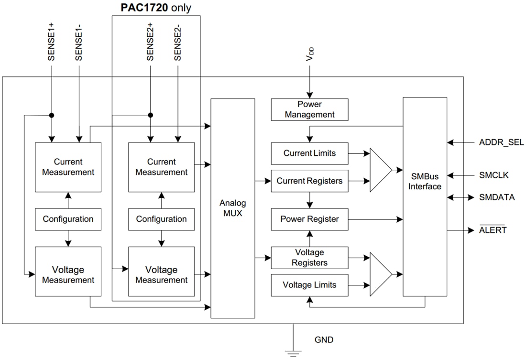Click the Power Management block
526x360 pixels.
click(x=309, y=109)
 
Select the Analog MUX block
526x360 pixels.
click(x=233, y=208)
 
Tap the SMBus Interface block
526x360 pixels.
click(x=425, y=196)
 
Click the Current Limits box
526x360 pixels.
click(x=309, y=153)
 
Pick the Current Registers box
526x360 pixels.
click(x=309, y=181)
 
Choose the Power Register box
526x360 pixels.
click(x=309, y=219)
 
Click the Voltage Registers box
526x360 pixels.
click(x=309, y=258)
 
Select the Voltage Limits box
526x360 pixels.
click(x=309, y=285)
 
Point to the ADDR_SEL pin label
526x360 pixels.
click(x=501, y=142)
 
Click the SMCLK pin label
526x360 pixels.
click(x=493, y=175)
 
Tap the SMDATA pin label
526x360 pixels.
click(x=497, y=197)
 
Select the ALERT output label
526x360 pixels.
click(x=493, y=230)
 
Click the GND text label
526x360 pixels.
click(x=324, y=340)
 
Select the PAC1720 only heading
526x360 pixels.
click(x=155, y=8)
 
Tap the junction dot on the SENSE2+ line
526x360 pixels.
click(x=151, y=115)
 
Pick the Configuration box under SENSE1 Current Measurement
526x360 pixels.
click(x=68, y=219)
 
